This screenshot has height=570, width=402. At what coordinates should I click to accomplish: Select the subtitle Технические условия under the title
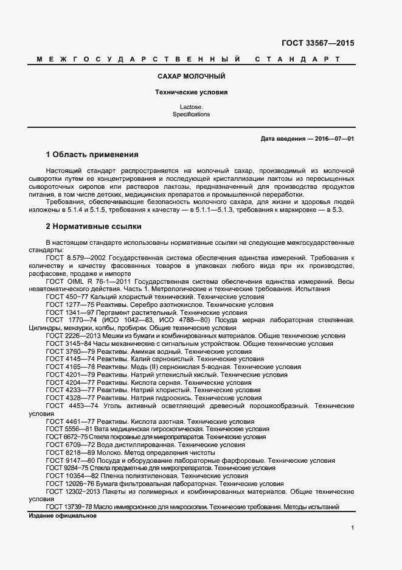pos(190,93)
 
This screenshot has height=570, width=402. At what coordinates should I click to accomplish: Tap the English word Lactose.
pos(190,107)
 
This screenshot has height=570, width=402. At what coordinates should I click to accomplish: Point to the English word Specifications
pos(190,114)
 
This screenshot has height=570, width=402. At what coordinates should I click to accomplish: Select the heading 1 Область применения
pos(92,155)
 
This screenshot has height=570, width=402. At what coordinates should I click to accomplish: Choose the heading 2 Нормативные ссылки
pos(94,227)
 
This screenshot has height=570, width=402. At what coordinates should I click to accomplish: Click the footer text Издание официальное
pos(63,516)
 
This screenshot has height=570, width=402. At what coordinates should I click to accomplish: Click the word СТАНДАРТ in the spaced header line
pos(297,60)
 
